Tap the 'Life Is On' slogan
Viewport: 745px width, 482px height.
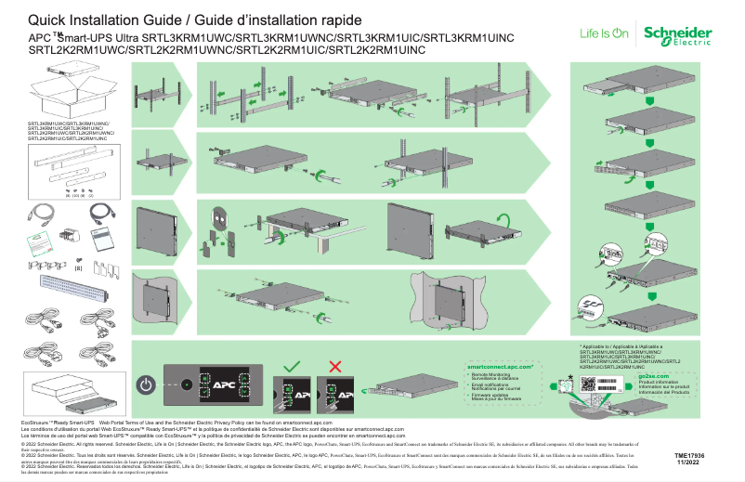(x=604, y=33)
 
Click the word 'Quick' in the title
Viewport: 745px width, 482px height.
(x=49, y=20)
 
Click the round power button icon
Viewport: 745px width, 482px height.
(x=146, y=383)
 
